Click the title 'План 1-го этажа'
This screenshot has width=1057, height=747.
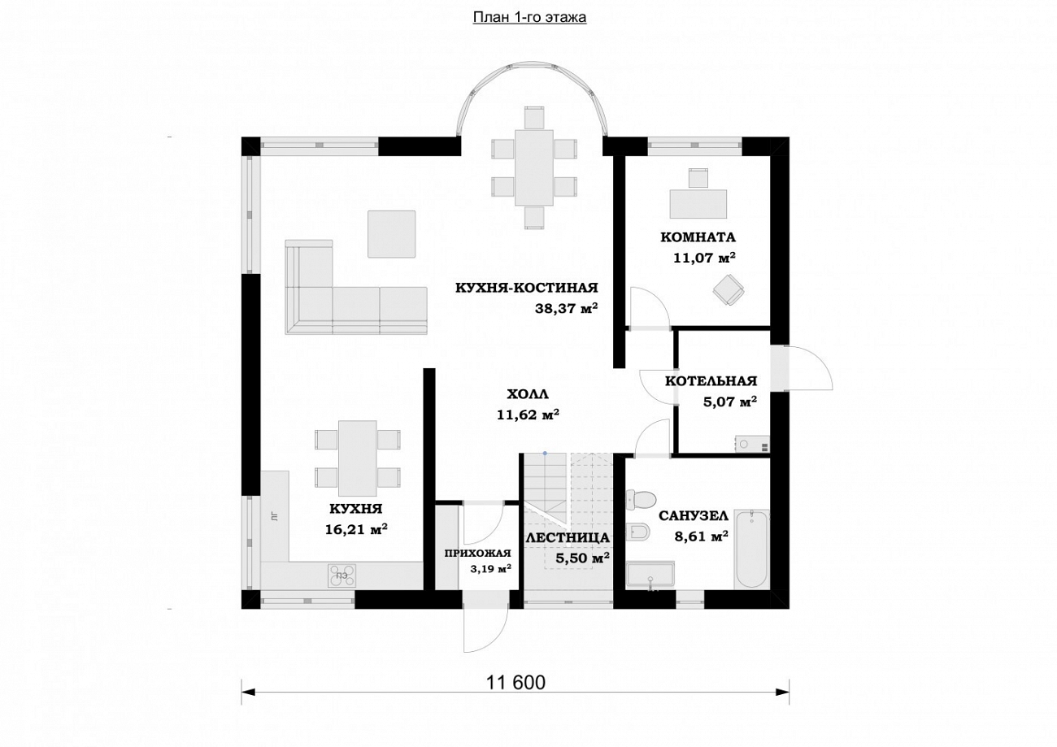530,17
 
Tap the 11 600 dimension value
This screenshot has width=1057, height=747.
515,683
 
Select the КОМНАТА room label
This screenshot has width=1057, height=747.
698,237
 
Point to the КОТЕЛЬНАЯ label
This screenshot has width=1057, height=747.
711,380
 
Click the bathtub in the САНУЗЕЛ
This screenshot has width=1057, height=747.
752,549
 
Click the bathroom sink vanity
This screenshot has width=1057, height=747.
650,574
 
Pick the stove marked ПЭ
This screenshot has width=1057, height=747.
342,575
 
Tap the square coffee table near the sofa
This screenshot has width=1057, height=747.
392,234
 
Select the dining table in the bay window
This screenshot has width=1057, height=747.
534,167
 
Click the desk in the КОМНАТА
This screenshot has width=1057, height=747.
699,204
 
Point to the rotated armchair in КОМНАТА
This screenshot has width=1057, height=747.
729,290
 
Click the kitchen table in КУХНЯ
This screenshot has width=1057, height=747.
358,458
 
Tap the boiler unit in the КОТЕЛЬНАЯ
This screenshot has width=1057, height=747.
752,445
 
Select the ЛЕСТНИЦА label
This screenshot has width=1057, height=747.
568,537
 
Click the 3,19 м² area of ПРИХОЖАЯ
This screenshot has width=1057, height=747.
491,568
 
